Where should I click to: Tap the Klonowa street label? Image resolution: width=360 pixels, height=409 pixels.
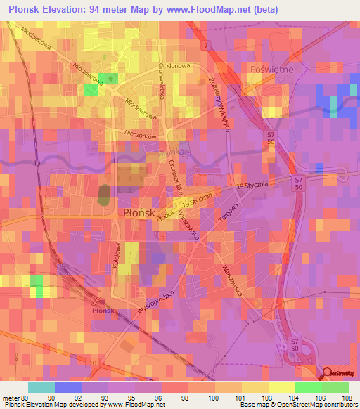tap(179, 65)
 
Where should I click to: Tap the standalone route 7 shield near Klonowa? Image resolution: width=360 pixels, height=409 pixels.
tap(206, 45)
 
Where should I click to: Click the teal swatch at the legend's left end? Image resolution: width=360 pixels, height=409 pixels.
tap(41, 387)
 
